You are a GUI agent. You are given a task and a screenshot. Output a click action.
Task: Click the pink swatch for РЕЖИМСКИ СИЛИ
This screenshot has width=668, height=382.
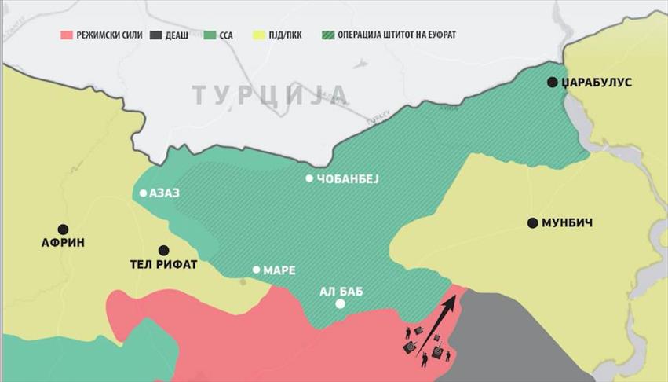[x=67, y=35]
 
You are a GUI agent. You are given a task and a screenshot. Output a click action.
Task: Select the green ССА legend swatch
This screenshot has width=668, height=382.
[x=210, y=35]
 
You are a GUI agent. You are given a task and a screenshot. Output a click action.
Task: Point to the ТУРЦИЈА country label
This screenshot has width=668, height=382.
[x=270, y=94]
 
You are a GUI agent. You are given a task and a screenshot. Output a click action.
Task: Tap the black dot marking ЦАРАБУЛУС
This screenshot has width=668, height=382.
[x=553, y=82]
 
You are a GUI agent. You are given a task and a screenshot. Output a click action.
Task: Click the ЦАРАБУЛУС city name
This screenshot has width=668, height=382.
[x=597, y=83]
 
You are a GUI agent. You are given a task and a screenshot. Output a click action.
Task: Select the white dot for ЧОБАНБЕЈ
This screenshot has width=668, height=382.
[x=309, y=178]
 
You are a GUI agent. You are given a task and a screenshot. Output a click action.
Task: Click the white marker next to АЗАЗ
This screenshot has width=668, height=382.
[x=143, y=193]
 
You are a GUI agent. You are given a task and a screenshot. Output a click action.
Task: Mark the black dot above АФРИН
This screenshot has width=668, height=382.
[x=63, y=229]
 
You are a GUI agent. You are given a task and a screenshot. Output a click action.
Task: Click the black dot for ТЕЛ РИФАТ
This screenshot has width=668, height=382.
[x=163, y=249]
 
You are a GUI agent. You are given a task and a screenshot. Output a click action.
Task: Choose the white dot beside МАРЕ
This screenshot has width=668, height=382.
[x=256, y=270]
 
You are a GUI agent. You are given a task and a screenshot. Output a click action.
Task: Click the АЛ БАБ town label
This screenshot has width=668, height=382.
[x=341, y=290]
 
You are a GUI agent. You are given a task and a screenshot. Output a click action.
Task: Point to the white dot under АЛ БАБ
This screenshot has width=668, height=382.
[x=340, y=304]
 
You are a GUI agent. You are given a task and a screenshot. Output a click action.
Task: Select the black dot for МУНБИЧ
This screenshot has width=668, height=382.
[x=532, y=223]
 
